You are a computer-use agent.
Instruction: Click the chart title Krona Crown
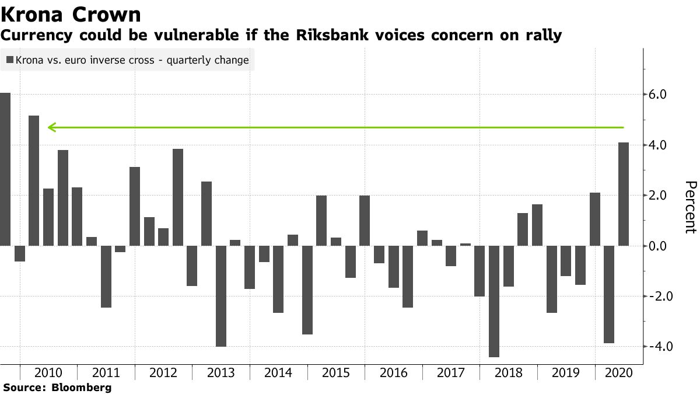click(x=71, y=14)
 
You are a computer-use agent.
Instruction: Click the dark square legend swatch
click(x=10, y=60)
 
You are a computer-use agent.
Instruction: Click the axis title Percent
click(x=690, y=207)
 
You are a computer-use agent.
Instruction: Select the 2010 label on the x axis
click(x=49, y=373)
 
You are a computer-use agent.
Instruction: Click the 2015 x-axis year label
click(x=337, y=373)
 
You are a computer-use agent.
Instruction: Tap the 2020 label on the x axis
click(x=618, y=373)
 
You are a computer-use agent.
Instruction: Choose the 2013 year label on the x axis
click(x=222, y=373)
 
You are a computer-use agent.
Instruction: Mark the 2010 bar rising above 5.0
click(x=34, y=180)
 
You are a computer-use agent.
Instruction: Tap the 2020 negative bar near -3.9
click(x=609, y=294)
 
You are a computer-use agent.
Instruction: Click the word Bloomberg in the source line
click(x=82, y=387)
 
